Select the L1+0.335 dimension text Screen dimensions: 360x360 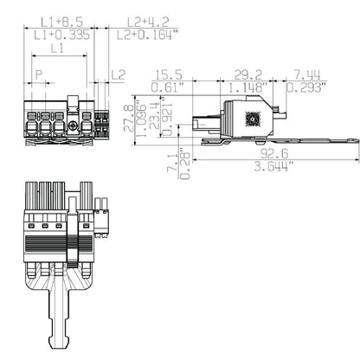coord(63,35)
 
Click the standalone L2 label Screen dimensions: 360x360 coord(119,75)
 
